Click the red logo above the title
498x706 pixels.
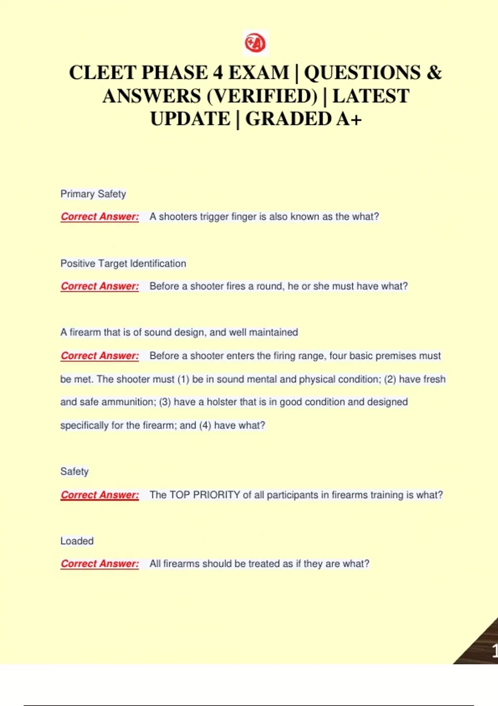(x=255, y=43)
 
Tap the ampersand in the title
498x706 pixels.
(x=434, y=73)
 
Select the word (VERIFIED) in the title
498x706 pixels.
(x=261, y=96)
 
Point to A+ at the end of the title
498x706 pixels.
(x=349, y=119)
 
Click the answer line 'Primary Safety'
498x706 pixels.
(x=93, y=194)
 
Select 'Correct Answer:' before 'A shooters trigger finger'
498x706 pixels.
(x=100, y=217)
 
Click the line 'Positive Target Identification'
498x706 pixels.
(x=123, y=264)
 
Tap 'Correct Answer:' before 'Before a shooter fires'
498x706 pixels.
(x=100, y=287)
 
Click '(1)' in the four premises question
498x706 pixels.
(x=183, y=380)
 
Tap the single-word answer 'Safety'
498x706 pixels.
(x=74, y=472)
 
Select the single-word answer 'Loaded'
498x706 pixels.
(x=77, y=541)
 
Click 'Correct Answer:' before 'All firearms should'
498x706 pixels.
(x=100, y=564)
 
